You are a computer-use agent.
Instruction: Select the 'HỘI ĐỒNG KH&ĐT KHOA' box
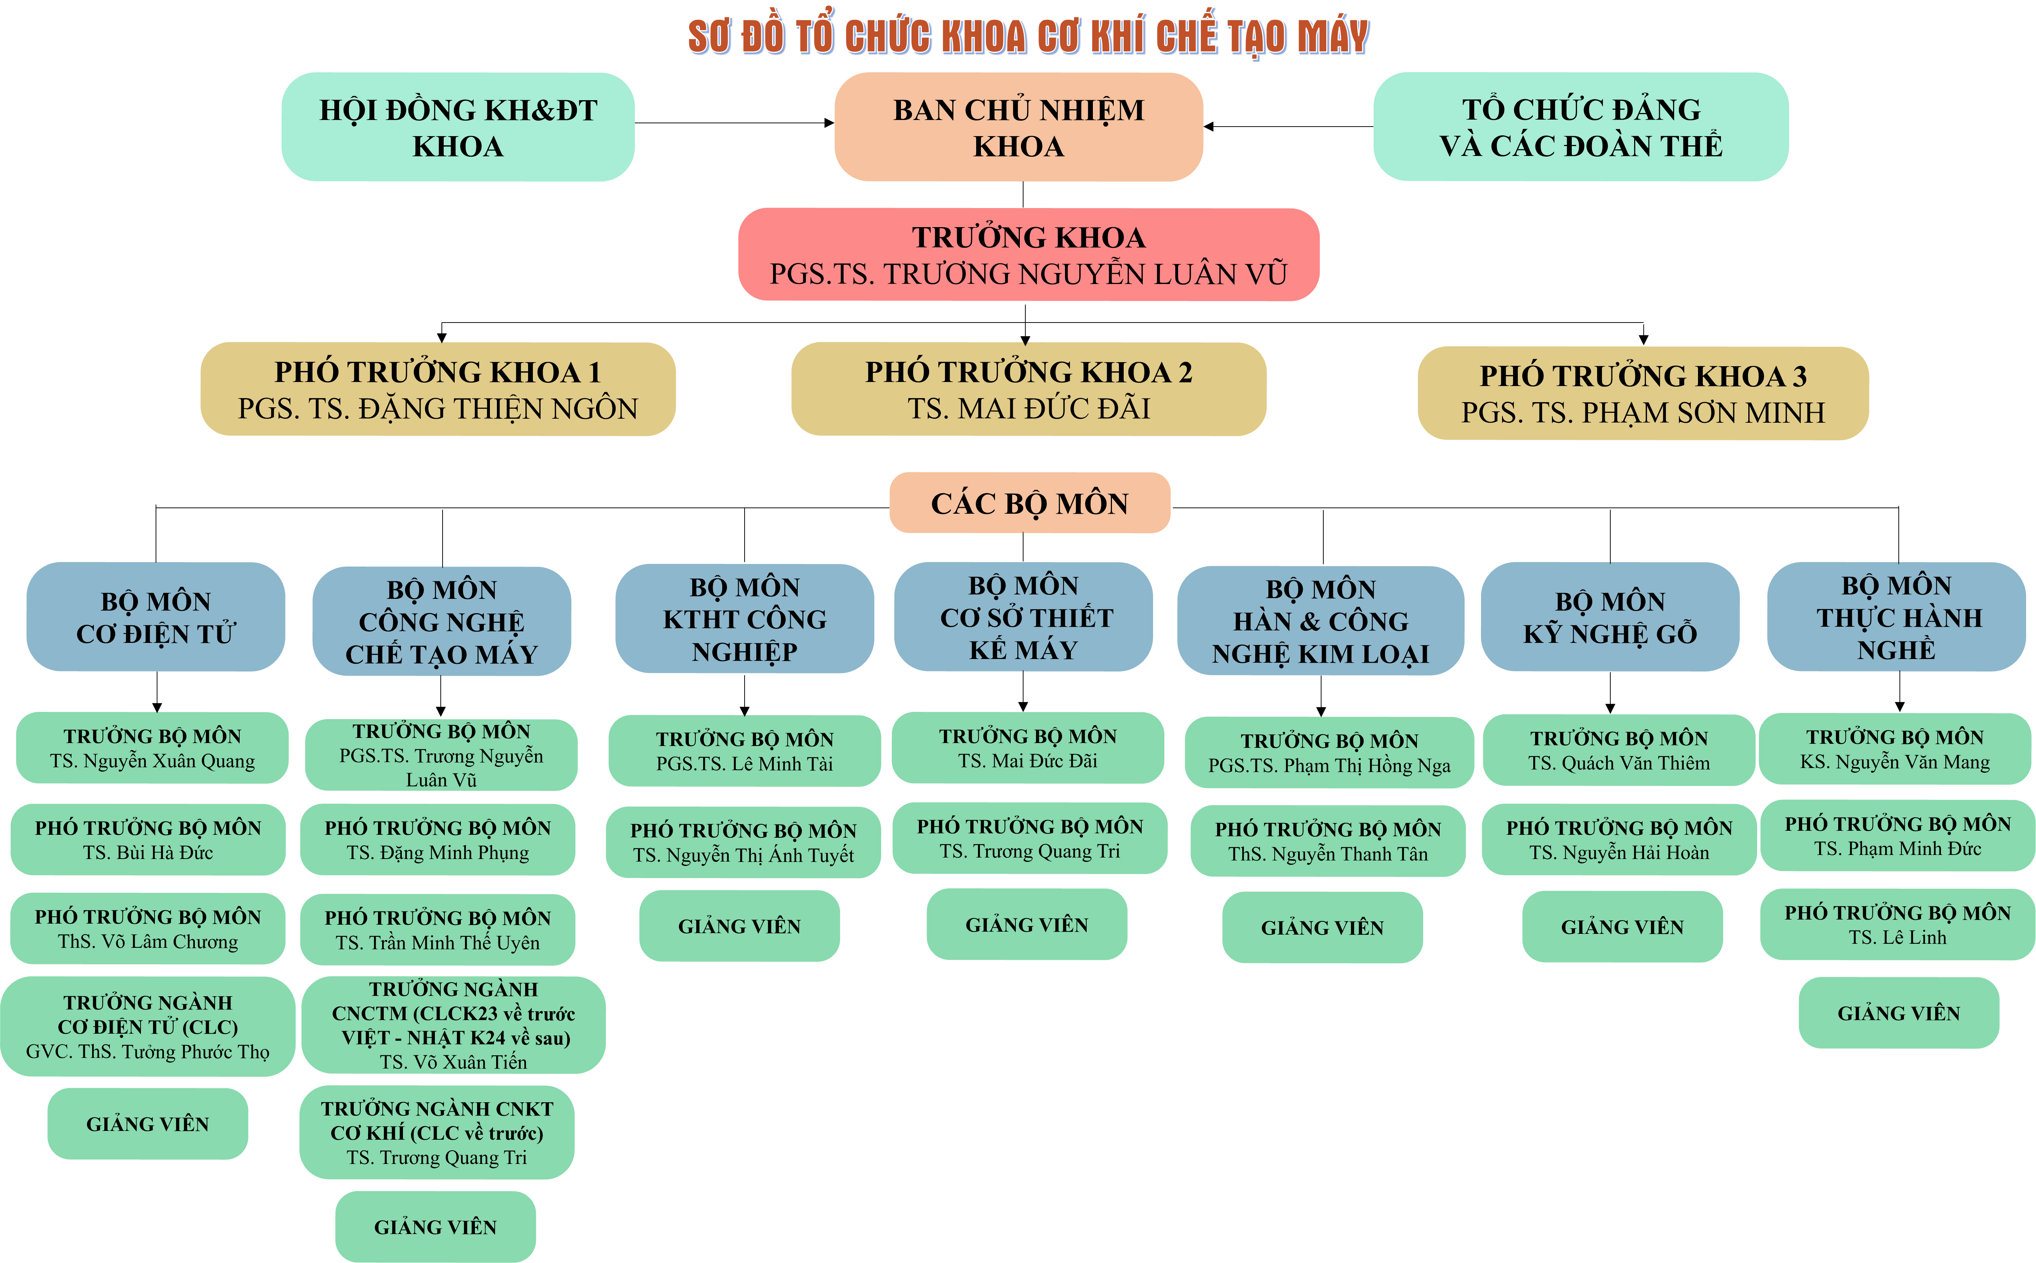click(458, 127)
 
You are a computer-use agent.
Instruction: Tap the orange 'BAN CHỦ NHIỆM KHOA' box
click(1018, 127)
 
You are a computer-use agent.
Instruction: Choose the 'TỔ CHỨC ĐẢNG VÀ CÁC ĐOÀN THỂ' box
click(1581, 127)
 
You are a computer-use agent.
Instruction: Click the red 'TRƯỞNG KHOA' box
click(1028, 255)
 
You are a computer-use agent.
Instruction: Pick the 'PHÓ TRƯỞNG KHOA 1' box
click(438, 389)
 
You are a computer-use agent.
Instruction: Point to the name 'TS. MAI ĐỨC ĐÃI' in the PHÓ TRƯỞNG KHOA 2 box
click(1028, 408)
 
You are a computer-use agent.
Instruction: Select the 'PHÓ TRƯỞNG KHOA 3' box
click(1643, 393)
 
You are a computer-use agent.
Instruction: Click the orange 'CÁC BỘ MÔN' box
click(1029, 503)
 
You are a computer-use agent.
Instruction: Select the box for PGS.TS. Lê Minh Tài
click(744, 751)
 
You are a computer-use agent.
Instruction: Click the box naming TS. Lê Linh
click(1897, 925)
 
